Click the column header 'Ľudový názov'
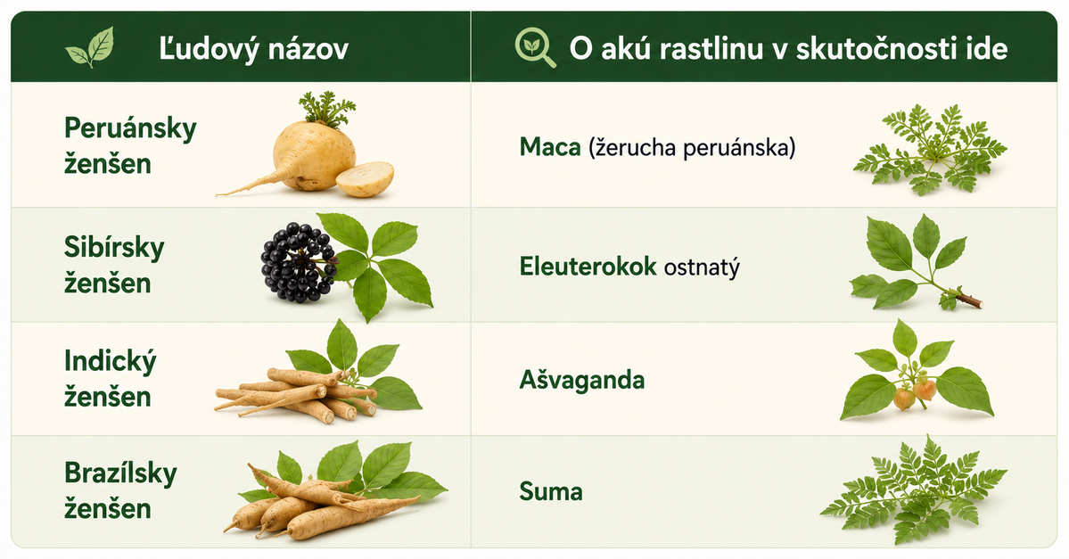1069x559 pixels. click(x=253, y=48)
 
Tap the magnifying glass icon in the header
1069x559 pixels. click(x=535, y=48)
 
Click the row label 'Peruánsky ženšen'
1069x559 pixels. click(x=130, y=145)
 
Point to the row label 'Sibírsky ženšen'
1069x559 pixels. click(x=114, y=265)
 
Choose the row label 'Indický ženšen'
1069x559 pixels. click(x=111, y=378)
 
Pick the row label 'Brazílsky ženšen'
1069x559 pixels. click(x=120, y=490)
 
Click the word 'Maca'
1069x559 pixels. click(x=549, y=146)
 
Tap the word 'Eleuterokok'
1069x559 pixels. click(x=588, y=266)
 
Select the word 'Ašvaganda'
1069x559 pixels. click(x=581, y=379)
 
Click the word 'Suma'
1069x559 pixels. click(x=551, y=491)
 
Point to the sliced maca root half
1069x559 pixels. click(x=365, y=178)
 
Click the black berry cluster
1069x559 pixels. click(x=298, y=262)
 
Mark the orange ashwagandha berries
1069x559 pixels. click(x=915, y=394)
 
